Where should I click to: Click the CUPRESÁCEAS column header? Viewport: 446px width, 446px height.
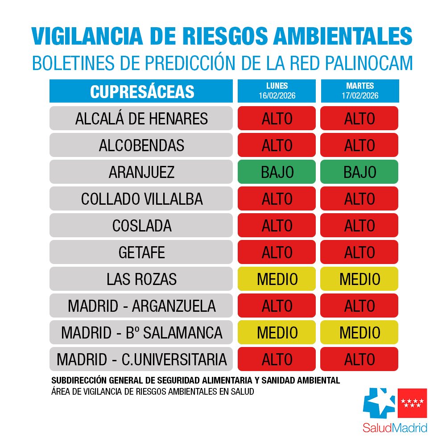pyautogui.click(x=141, y=91)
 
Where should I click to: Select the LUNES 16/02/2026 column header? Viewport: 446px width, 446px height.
pyautogui.click(x=277, y=91)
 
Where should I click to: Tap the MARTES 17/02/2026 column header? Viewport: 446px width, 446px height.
pyautogui.click(x=359, y=91)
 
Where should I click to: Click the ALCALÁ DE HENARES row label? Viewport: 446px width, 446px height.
pyautogui.click(x=141, y=119)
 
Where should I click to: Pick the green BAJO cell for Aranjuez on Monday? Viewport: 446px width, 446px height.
pyautogui.click(x=277, y=172)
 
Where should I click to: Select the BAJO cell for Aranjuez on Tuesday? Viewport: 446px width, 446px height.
pyautogui.click(x=359, y=172)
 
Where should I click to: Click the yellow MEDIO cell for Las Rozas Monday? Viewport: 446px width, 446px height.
pyautogui.click(x=277, y=279)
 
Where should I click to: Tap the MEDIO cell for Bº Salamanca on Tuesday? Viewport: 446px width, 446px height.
pyautogui.click(x=359, y=333)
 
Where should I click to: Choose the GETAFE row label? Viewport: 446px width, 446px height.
pyautogui.click(x=141, y=252)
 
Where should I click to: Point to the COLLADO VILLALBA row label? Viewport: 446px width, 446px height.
pyautogui.click(x=141, y=199)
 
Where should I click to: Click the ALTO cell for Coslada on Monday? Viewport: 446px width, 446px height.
pyautogui.click(x=277, y=226)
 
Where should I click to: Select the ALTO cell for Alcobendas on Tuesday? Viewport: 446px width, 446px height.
pyautogui.click(x=359, y=145)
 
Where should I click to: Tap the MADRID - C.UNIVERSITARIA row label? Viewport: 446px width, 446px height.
pyautogui.click(x=141, y=359)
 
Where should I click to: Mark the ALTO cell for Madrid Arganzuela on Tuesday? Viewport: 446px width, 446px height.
pyautogui.click(x=359, y=306)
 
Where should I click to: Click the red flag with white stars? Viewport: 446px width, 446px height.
pyautogui.click(x=412, y=403)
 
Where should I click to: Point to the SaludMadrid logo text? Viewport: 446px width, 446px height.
pyautogui.click(x=394, y=428)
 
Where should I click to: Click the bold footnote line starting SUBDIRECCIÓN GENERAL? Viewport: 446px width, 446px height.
pyautogui.click(x=196, y=381)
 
